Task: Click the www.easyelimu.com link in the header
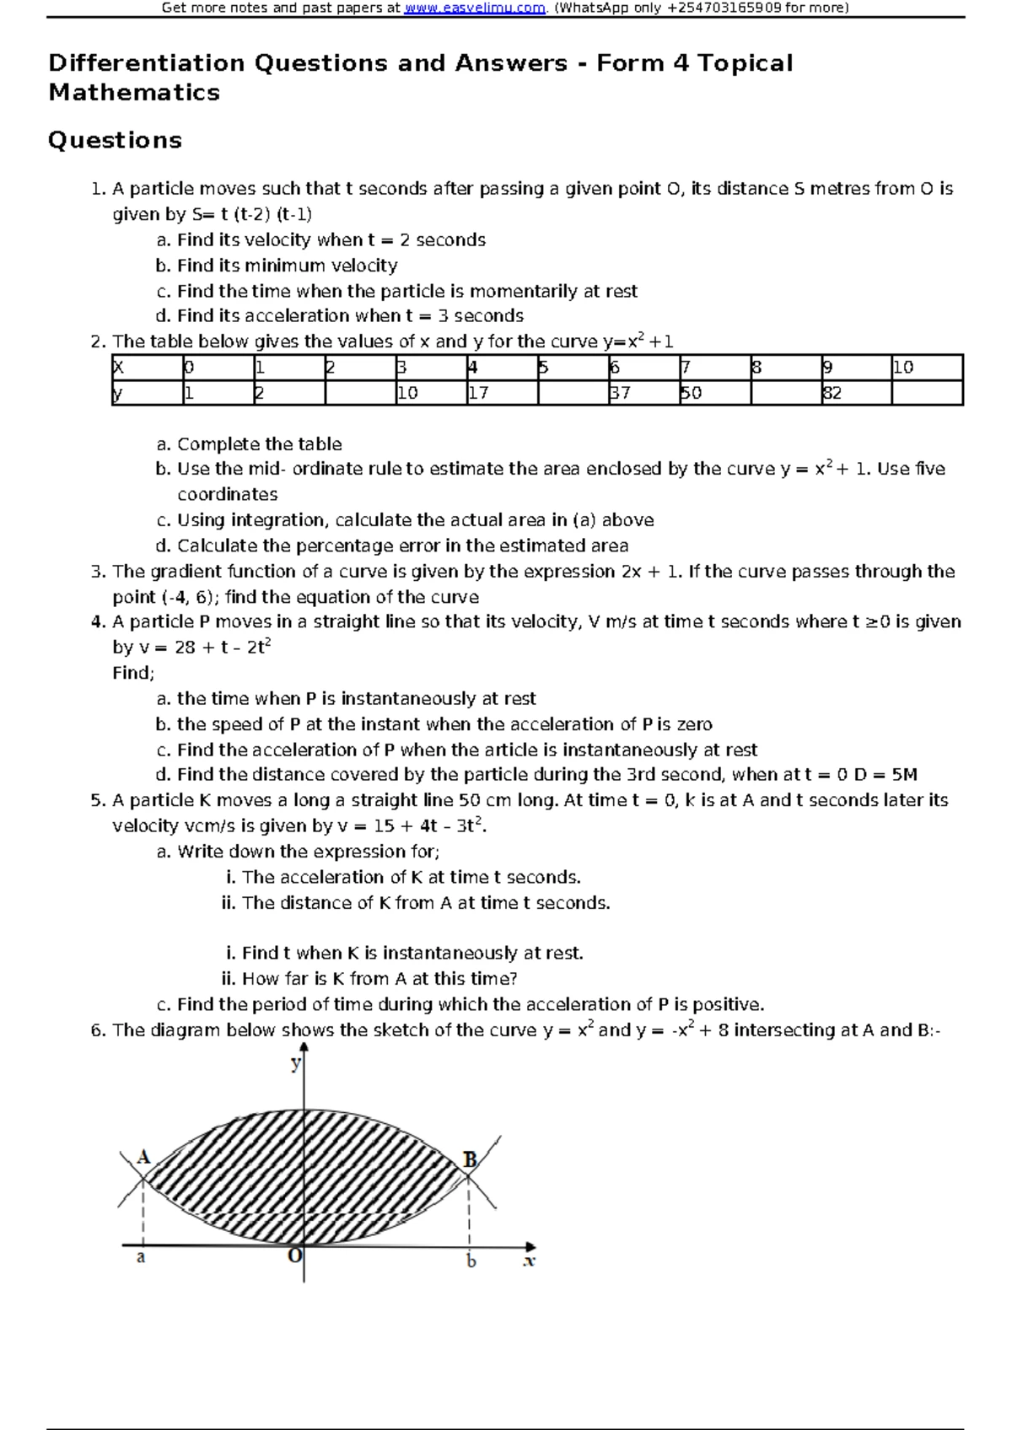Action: tap(475, 8)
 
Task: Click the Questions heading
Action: tap(115, 140)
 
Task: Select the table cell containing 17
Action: tap(501, 393)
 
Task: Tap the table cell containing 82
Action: tap(855, 393)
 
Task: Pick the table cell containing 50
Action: tap(713, 393)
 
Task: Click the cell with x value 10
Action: tap(926, 368)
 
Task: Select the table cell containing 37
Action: tap(643, 393)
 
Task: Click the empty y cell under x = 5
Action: tap(572, 393)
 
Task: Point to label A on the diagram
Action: tap(143, 1157)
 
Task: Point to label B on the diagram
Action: tap(471, 1160)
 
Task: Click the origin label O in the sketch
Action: tap(294, 1255)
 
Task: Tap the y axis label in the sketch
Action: tap(295, 1064)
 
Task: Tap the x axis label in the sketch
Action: tap(529, 1262)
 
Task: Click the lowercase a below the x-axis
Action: tap(141, 1257)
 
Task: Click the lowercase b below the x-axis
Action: tap(471, 1261)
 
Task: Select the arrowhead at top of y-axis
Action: tap(304, 1048)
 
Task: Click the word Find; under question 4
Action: tap(133, 673)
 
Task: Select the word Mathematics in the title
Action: tap(134, 93)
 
